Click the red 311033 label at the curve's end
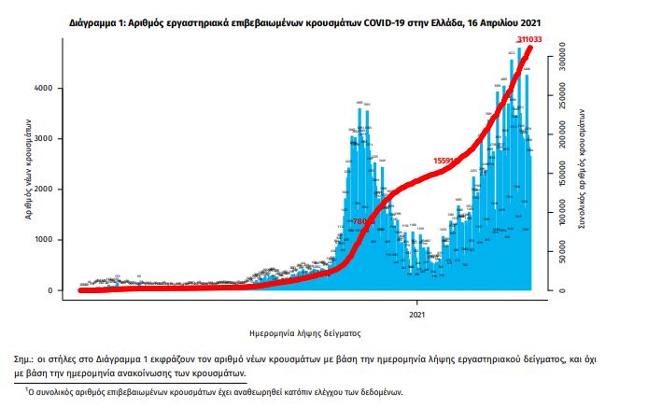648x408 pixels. pyautogui.click(x=533, y=38)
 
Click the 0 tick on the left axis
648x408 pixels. pyautogui.click(x=59, y=290)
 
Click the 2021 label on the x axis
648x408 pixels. pyautogui.click(x=418, y=314)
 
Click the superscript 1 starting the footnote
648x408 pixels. pyautogui.click(x=27, y=387)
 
